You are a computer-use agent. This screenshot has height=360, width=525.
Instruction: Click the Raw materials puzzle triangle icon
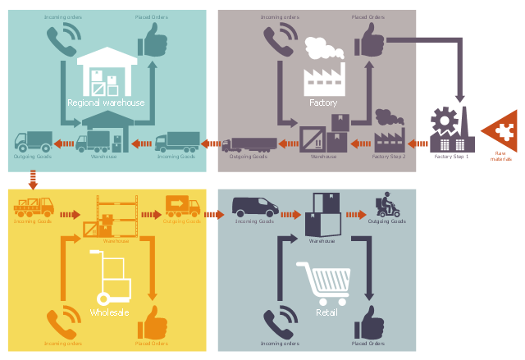tap(500, 130)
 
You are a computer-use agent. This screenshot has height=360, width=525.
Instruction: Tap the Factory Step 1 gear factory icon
tap(450, 129)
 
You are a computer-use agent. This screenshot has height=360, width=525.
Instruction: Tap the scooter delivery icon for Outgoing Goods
tap(385, 204)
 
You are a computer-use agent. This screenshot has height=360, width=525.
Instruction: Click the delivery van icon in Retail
tap(253, 206)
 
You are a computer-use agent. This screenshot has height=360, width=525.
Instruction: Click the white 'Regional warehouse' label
tap(106, 103)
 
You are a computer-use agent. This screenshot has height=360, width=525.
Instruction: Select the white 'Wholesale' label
tap(109, 312)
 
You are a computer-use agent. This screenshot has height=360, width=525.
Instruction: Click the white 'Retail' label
tap(328, 312)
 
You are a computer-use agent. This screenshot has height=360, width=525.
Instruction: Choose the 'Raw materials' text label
tap(500, 156)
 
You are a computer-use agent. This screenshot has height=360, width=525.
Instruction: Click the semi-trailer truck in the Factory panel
tap(249, 144)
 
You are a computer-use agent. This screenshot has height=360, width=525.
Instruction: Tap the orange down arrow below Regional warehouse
tap(33, 177)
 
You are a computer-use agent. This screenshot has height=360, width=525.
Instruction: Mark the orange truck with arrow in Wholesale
tap(182, 205)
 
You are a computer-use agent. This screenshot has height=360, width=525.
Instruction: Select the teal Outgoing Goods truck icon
tap(33, 142)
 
